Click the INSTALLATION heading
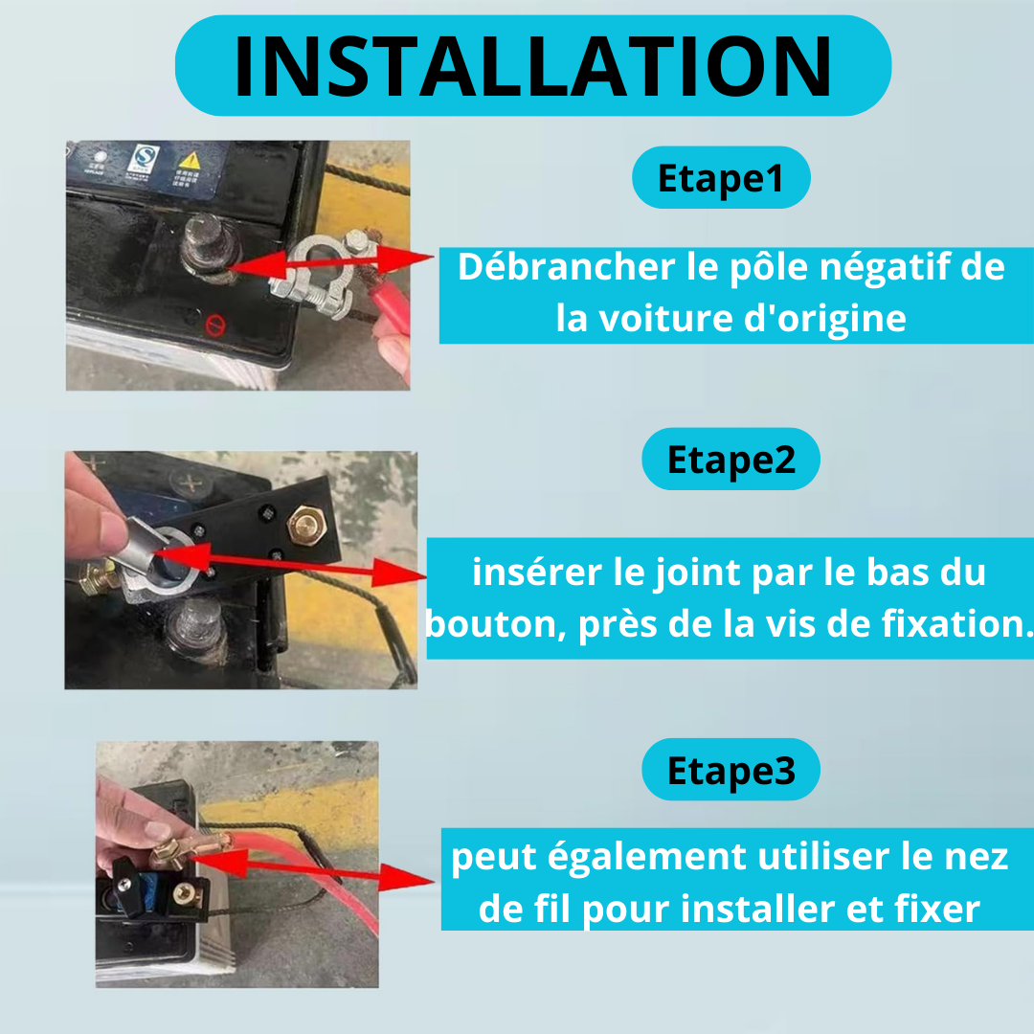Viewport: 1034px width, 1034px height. tap(533, 66)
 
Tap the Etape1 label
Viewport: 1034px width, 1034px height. tap(721, 178)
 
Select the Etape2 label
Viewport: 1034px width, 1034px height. tap(731, 460)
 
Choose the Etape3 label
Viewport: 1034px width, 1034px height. tap(731, 770)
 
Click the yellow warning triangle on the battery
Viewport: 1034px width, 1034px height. tap(190, 160)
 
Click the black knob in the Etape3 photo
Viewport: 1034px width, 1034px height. tap(129, 887)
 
